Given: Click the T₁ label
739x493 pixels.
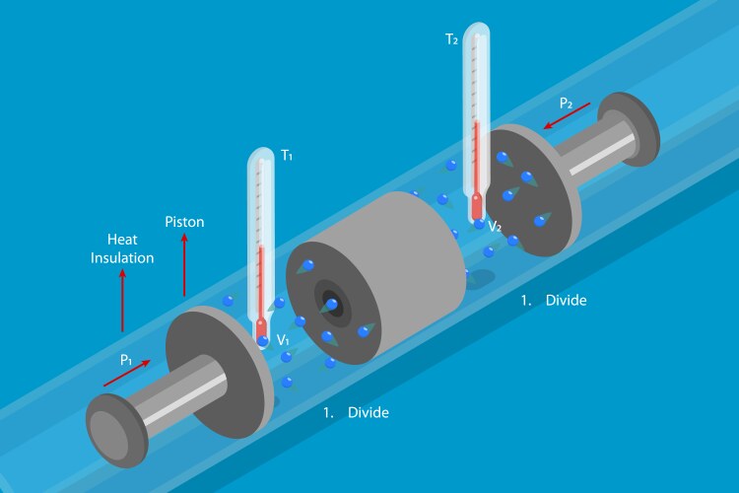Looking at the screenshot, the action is [287, 155].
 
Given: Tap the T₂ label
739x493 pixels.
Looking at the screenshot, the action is [451, 39].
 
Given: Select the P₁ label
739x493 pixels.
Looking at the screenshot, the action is [126, 361].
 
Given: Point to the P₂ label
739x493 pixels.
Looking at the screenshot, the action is [566, 104].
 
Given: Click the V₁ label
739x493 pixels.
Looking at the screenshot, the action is [283, 340].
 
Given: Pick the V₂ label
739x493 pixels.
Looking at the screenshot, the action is [495, 227].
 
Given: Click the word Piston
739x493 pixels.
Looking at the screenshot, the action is [184, 222].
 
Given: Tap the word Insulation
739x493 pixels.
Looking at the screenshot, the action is [122, 257].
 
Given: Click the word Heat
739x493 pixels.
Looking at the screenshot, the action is [122, 240].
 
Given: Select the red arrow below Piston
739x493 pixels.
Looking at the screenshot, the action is [184, 264].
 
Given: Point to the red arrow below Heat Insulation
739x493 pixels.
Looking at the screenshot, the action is [122, 300].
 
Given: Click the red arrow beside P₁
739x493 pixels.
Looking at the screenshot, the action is [127, 373].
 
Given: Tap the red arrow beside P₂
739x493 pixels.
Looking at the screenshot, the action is [567, 116].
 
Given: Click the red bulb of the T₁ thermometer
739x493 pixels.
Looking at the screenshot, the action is [261, 329].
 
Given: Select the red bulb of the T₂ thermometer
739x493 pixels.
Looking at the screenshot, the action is [477, 207].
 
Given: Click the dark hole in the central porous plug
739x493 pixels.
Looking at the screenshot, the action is [330, 302].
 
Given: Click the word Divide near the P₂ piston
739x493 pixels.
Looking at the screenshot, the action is [566, 300].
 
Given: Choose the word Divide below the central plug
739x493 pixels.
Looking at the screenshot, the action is [369, 412].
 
